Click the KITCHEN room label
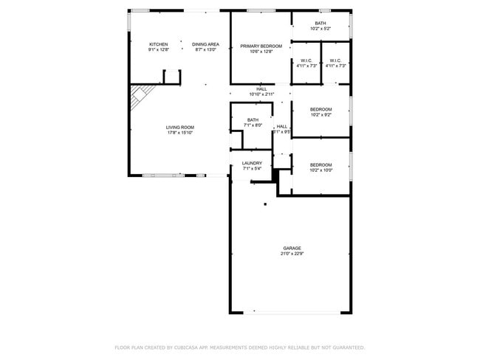(x=159, y=44)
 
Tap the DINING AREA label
(x=205, y=44)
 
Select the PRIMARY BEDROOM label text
(x=261, y=46)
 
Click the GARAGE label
(x=292, y=248)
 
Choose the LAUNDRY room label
(x=252, y=163)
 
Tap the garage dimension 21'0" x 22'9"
(x=292, y=254)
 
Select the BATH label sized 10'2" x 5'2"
(x=320, y=23)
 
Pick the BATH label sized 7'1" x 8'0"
(x=253, y=120)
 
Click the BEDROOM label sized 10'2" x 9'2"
(x=320, y=109)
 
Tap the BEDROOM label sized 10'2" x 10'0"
(x=320, y=165)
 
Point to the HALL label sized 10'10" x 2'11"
(x=261, y=89)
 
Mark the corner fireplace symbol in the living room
(x=140, y=96)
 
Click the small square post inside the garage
(x=264, y=204)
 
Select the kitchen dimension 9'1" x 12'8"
(x=159, y=50)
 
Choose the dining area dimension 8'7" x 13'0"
(x=205, y=50)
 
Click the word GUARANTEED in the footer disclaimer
(x=348, y=347)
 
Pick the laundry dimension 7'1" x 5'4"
(x=252, y=169)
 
